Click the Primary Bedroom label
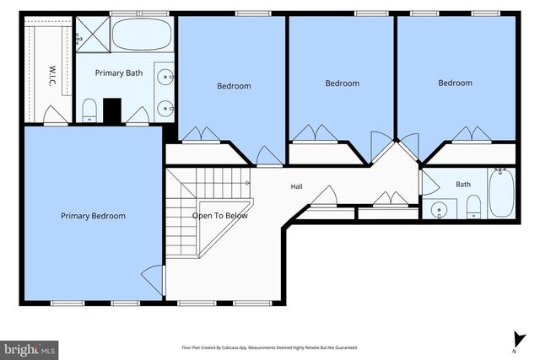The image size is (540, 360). [x=93, y=216]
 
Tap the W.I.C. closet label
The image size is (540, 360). [x=52, y=76]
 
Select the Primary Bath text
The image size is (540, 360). [x=119, y=73]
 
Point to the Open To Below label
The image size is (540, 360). [x=219, y=216]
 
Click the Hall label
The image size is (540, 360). [x=296, y=186]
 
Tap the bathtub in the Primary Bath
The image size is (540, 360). [x=142, y=34]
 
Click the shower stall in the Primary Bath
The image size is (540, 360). [x=93, y=35]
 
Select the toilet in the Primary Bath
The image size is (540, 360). [x=89, y=110]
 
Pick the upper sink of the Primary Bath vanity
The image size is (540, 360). [x=165, y=77]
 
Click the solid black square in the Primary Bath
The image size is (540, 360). [x=112, y=110]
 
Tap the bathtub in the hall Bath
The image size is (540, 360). [x=501, y=193]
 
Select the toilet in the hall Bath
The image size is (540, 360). [x=473, y=207]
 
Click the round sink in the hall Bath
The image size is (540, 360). [x=439, y=209]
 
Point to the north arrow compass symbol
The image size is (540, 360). [x=518, y=341]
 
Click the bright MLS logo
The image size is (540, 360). [x=30, y=351]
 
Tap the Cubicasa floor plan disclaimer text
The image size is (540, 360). [x=270, y=347]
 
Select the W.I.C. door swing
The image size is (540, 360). [x=56, y=115]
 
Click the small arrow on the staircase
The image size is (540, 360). [x=247, y=184]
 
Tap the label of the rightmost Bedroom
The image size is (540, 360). [x=455, y=83]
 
